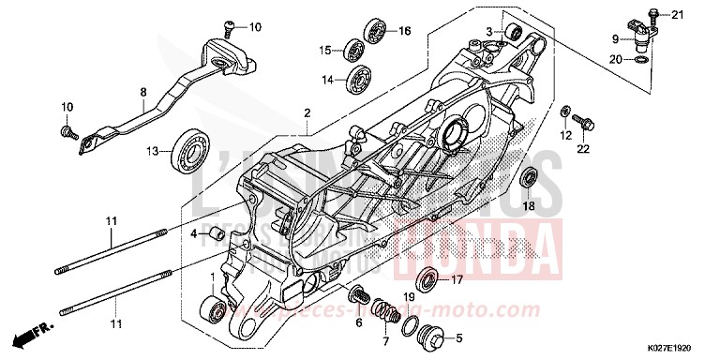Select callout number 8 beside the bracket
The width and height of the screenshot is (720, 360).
tap(143, 93)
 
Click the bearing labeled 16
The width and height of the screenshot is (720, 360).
tap(378, 31)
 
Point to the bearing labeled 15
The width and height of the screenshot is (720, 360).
tap(355, 49)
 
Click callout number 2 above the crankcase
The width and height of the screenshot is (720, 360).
tap(306, 113)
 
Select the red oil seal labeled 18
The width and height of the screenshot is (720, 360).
tap(529, 177)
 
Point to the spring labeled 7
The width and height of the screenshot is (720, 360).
tap(381, 309)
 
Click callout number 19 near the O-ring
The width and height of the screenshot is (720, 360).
tap(408, 297)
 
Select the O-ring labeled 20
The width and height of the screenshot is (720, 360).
tap(637, 60)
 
